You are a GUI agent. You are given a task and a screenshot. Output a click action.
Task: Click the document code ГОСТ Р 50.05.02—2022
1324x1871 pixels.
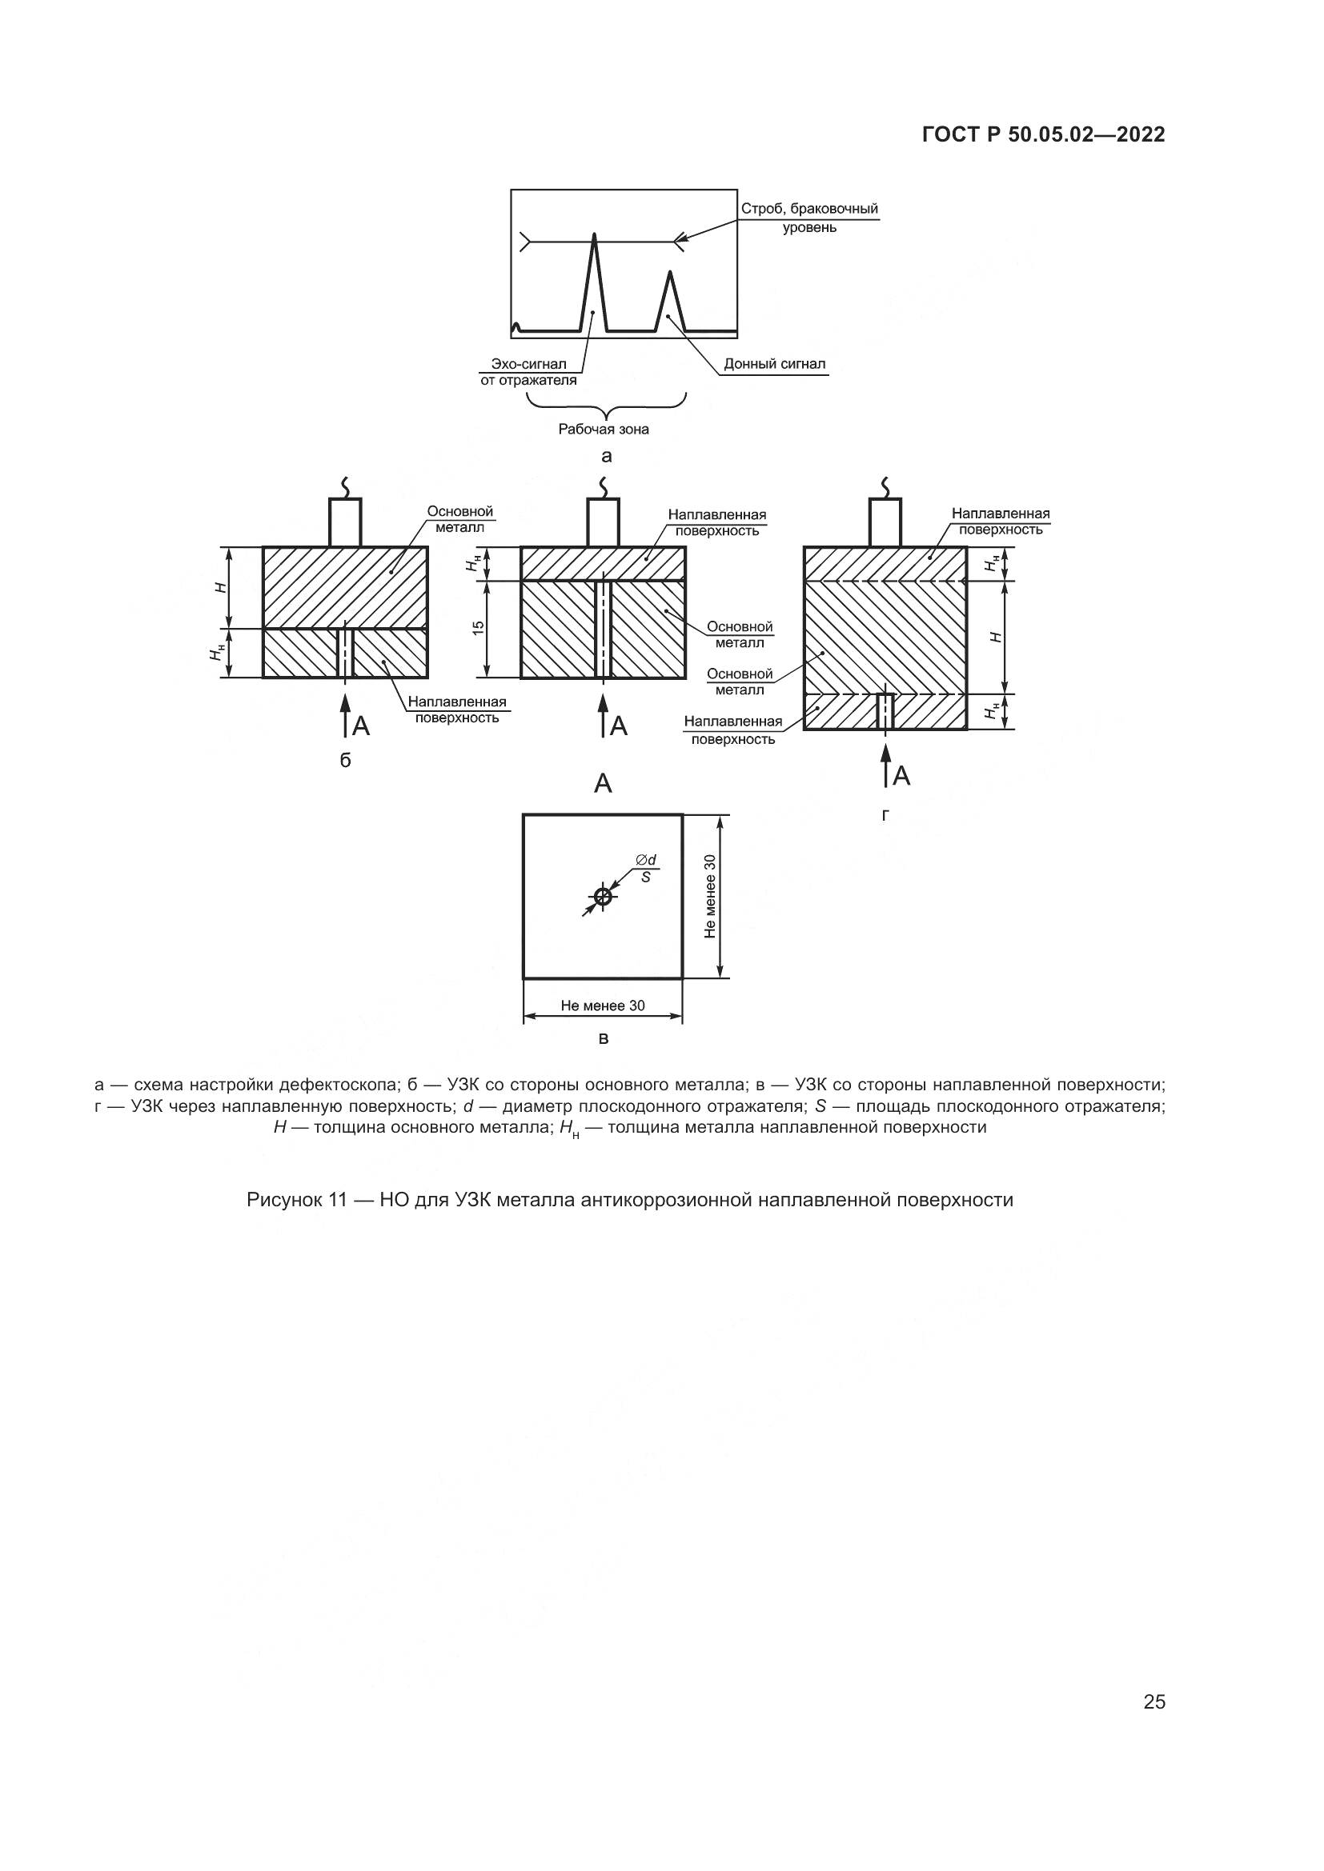pos(1043,134)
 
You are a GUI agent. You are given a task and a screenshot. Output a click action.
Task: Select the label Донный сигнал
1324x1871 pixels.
pos(774,363)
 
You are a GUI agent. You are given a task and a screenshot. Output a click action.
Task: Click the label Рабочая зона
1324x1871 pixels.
pos(604,429)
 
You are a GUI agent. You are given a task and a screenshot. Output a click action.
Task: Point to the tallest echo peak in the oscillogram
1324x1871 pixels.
pos(593,238)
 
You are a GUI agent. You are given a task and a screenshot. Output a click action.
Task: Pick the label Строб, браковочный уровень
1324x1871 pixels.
pos(808,218)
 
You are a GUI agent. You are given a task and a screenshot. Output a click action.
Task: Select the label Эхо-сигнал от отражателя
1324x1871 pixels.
pos(528,372)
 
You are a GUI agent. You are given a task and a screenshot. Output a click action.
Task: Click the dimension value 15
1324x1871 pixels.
pos(479,627)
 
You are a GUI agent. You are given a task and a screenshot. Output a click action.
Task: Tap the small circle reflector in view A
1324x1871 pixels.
pos(603,898)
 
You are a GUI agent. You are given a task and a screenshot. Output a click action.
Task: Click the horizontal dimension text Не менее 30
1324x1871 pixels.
pos(603,1005)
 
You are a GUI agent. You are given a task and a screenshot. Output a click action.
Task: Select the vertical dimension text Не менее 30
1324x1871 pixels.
pos(710,897)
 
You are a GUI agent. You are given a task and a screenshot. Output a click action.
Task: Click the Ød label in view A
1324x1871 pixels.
pos(646,860)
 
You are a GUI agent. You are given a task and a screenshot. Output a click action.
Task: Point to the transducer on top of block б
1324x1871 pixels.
pos(345,522)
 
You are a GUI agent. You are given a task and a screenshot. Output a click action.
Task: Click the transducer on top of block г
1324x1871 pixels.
pos(885,522)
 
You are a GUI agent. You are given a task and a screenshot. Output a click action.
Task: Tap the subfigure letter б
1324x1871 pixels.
pos(345,760)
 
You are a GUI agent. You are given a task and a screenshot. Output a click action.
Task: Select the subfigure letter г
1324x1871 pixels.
pos(885,814)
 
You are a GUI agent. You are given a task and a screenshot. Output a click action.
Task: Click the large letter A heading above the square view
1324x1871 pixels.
pos(603,784)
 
